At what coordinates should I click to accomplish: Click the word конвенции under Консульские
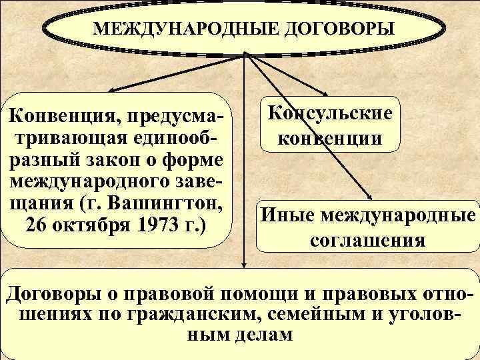[x=330, y=139]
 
